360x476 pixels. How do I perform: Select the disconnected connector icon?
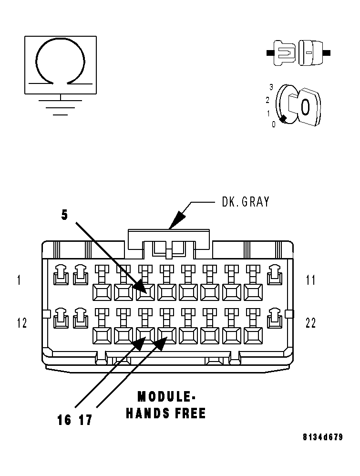click(x=298, y=52)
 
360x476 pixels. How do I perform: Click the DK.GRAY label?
click(x=246, y=202)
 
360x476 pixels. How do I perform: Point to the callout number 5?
click(x=64, y=215)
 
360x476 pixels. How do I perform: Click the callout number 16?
click(x=64, y=420)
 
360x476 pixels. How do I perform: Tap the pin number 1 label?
click(x=19, y=280)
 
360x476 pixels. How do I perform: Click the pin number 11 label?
click(x=311, y=280)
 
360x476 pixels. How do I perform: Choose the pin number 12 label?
click(x=21, y=323)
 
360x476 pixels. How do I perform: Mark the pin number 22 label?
click(x=311, y=323)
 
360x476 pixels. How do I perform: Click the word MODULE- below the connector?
click(x=166, y=397)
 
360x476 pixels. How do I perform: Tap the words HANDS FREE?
click(x=166, y=413)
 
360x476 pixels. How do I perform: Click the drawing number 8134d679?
click(x=322, y=437)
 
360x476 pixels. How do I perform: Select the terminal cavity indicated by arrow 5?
click(x=145, y=292)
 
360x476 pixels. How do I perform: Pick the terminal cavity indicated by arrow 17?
click(x=167, y=336)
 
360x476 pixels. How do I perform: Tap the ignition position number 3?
click(x=271, y=87)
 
